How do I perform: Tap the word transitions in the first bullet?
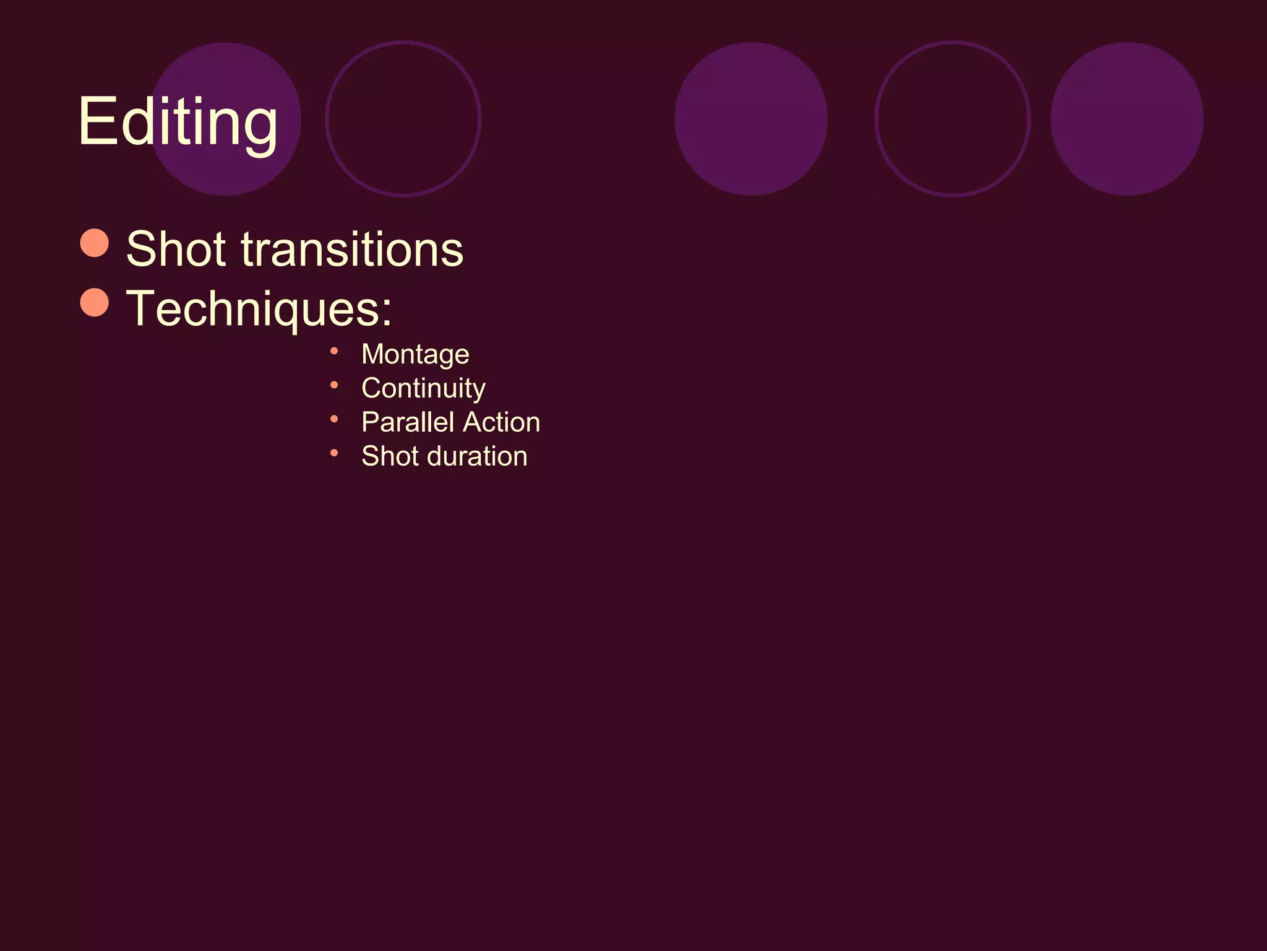(x=352, y=249)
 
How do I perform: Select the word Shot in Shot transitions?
(x=176, y=249)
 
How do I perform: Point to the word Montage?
(x=415, y=355)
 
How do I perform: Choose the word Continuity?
(x=423, y=389)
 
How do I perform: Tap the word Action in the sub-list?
(x=502, y=422)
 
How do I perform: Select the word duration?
(x=478, y=456)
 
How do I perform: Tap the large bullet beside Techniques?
(x=95, y=302)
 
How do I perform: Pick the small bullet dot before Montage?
(x=334, y=352)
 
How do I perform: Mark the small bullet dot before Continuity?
(x=334, y=386)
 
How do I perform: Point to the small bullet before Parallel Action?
(x=334, y=419)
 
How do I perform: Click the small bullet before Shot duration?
(x=334, y=453)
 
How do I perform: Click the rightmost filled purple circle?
(x=1127, y=119)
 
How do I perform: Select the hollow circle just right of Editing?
(x=403, y=119)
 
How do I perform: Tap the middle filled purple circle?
(x=751, y=119)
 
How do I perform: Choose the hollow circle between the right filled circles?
(x=952, y=119)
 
